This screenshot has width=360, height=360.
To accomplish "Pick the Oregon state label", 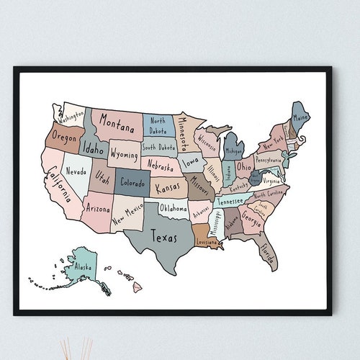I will (64, 136).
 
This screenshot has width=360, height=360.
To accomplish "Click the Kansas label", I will (168, 187).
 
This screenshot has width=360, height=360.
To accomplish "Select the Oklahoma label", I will (174, 209).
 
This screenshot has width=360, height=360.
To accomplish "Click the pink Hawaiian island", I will (137, 287).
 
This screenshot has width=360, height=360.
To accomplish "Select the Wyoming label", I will (125, 155).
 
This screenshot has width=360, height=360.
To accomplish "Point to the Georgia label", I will (251, 217).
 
